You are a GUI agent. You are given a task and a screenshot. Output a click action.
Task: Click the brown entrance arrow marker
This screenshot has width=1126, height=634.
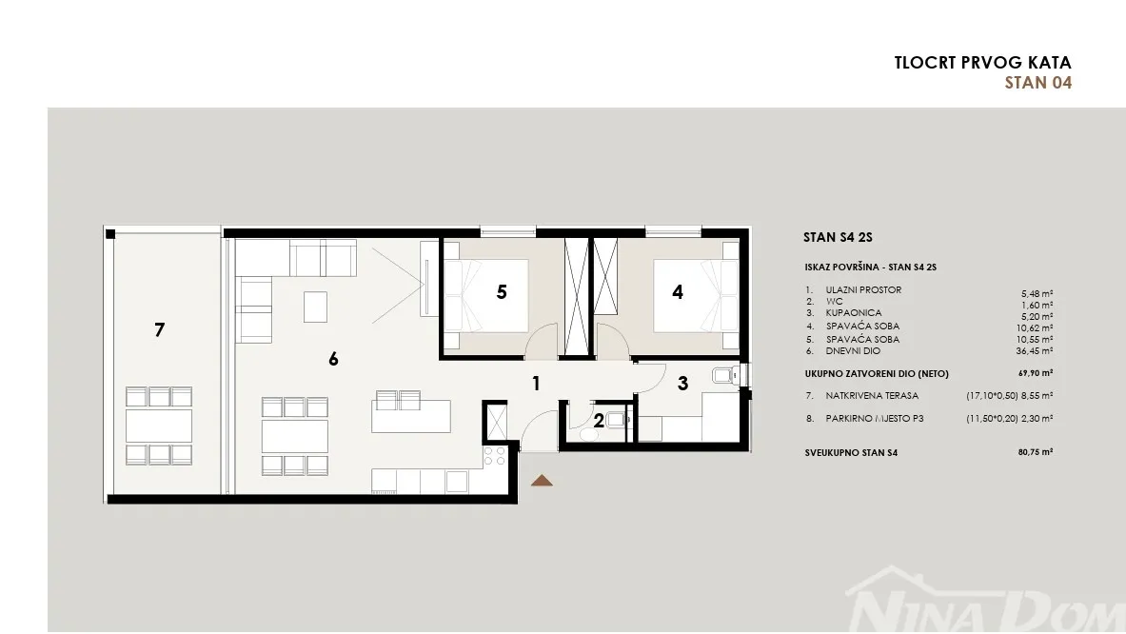tap(542, 481)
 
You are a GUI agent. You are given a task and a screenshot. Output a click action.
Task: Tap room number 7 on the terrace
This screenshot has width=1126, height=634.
tap(159, 329)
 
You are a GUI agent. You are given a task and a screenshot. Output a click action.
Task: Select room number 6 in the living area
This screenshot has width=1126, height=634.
tap(333, 359)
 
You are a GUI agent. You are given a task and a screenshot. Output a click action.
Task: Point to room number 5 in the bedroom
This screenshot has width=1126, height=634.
tap(502, 292)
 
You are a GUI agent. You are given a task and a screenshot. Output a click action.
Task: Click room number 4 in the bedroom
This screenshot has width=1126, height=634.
tap(677, 292)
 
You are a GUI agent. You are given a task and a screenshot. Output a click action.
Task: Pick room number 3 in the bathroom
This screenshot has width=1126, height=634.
tap(682, 385)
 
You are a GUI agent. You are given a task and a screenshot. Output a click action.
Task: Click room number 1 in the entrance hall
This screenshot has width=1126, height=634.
tap(536, 384)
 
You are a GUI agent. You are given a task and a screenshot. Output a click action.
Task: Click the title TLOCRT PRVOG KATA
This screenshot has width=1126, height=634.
tap(982, 63)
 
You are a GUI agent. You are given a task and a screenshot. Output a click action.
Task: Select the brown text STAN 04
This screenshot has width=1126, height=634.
tap(1037, 83)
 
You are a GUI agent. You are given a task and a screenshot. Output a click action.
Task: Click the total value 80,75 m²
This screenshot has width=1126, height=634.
tap(1035, 452)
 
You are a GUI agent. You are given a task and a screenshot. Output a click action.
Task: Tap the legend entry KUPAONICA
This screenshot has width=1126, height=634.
tap(853, 313)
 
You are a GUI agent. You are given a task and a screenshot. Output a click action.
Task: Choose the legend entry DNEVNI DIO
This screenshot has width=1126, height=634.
tap(853, 351)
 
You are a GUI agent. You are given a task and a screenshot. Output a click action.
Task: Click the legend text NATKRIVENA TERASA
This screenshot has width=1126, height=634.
tap(872, 396)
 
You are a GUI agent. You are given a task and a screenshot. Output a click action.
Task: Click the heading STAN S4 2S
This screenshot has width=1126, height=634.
tap(838, 237)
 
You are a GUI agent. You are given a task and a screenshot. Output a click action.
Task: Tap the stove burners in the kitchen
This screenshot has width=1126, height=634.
tap(494, 457)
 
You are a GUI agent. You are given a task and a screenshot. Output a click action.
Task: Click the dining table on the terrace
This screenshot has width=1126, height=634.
tap(159, 426)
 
